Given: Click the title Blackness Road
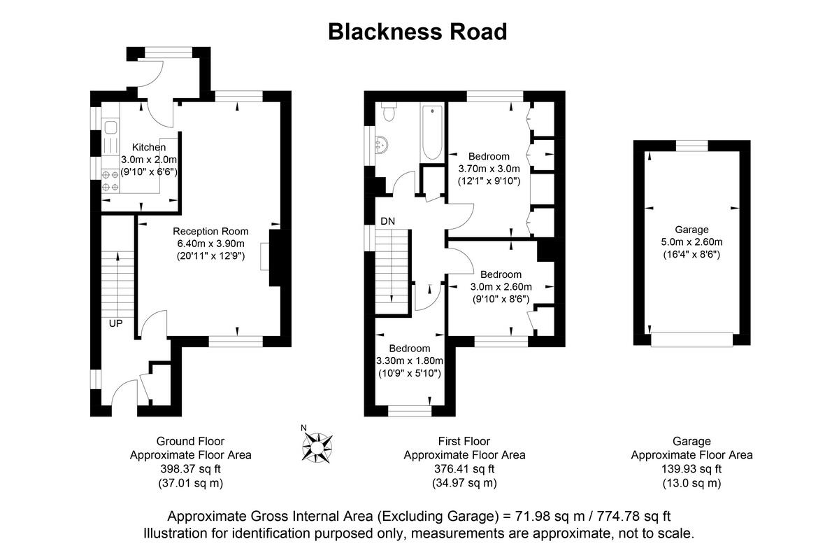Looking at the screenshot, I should (417, 31).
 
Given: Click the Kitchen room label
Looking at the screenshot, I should (149, 148).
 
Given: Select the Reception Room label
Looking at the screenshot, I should (210, 232).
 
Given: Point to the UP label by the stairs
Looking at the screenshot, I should (116, 324).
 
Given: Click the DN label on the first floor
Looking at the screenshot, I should (388, 221).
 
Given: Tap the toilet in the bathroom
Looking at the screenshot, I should (389, 113).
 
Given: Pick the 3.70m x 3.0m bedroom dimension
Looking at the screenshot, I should (489, 169).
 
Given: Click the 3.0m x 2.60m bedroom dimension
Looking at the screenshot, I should (501, 286).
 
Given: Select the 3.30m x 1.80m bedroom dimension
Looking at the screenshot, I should (410, 360).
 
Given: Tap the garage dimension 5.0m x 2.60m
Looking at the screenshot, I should (691, 242).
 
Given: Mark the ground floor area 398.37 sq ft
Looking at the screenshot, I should (190, 469).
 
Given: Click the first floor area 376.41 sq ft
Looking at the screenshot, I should (464, 469).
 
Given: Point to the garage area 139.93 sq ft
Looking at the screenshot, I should (691, 469).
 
